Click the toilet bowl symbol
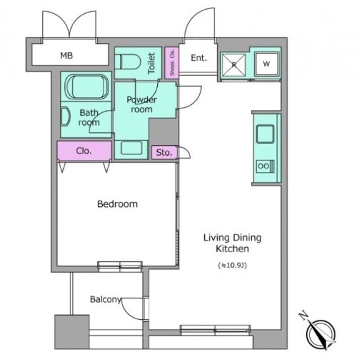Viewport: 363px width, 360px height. click(131, 62)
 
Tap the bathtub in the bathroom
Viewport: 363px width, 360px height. click(86, 87)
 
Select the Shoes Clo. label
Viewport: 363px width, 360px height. click(172, 63)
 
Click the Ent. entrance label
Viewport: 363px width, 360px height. click(199, 58)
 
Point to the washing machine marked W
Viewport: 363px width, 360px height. click(267, 64)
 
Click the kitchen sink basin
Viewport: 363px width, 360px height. click(265, 134)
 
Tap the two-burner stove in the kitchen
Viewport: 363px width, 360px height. click(266, 166)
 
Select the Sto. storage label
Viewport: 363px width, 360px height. click(164, 152)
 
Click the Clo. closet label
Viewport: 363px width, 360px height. click(84, 151)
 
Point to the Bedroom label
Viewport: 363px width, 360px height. click(117, 204)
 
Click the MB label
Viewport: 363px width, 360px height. click(67, 55)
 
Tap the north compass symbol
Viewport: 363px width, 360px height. click(320, 333)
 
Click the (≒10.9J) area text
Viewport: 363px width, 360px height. click(232, 265)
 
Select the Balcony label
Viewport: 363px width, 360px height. click(105, 299)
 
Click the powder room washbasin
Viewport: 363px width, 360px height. click(131, 148)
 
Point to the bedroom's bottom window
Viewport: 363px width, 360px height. click(120, 266)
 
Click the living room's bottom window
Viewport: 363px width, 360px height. click(215, 330)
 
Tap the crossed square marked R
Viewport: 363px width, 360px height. click(233, 65)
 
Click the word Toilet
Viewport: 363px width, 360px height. click(151, 63)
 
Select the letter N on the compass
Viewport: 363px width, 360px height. click(303, 316)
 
